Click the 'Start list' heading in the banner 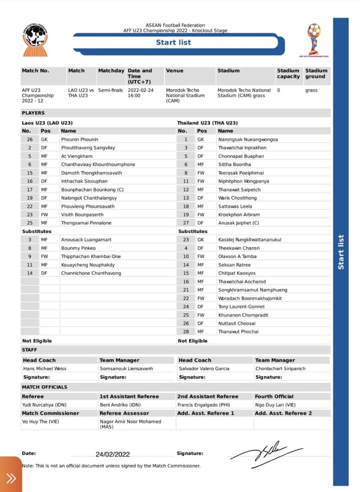coord(173,43)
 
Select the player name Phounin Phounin coord(79,139)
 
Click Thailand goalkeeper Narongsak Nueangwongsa coord(248,139)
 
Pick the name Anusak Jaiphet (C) coord(238,223)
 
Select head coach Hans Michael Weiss coord(45,368)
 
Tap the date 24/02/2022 coord(113,454)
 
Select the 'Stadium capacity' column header coord(288,73)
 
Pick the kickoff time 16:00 coord(134,95)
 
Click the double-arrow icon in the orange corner coord(11,478)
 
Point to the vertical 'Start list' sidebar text coord(341,252)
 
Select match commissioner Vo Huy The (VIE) coord(42,421)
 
